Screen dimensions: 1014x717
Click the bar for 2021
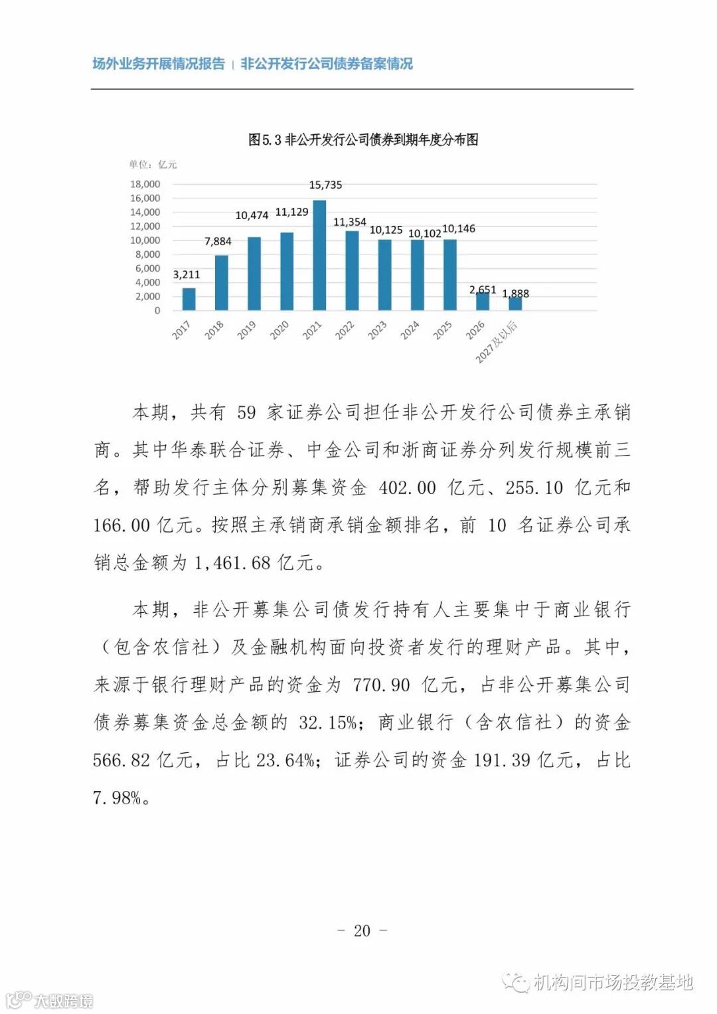tap(319, 256)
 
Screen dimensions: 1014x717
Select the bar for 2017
tap(189, 299)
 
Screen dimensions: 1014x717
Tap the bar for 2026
tap(483, 301)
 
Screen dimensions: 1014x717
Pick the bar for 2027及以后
tap(515, 303)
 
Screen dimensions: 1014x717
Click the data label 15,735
tap(325, 185)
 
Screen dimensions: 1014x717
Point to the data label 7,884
tap(218, 241)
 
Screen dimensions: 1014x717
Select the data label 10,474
tap(252, 215)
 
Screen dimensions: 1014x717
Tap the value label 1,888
tap(515, 294)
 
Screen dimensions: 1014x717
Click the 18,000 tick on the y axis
tap(145, 184)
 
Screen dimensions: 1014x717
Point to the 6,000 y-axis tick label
tap(147, 268)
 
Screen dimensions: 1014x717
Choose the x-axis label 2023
tap(377, 330)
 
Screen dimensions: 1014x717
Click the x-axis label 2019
tap(246, 330)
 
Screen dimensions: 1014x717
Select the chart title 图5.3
tap(363, 139)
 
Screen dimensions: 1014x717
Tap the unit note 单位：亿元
tap(153, 165)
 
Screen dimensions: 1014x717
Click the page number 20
tap(362, 930)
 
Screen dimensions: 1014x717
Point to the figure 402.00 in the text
tap(407, 488)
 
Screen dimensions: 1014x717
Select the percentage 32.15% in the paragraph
tap(328, 722)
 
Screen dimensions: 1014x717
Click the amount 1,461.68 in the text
tap(232, 563)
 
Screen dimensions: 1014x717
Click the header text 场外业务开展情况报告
tap(159, 64)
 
